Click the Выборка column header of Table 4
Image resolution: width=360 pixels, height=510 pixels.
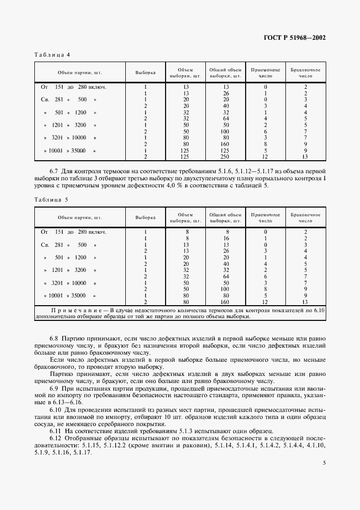click(145, 72)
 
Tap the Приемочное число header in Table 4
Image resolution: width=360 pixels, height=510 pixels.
click(265, 72)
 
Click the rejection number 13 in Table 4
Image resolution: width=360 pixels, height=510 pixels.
click(306, 157)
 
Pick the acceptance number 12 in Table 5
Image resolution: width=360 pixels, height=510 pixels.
click(265, 302)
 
